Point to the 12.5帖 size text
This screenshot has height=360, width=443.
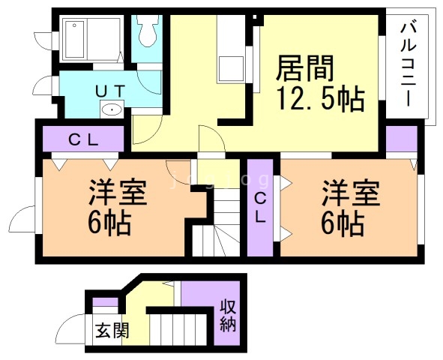321,98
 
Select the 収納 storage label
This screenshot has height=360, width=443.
229,316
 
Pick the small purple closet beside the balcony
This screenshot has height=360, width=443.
402,139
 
